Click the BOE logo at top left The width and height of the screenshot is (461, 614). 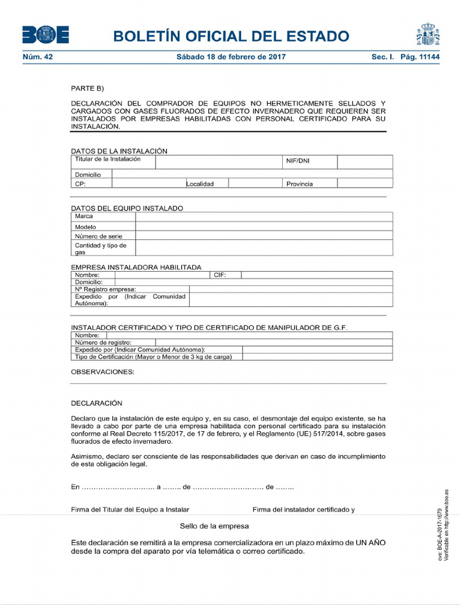(45, 35)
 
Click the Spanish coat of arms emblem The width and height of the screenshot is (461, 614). (427, 35)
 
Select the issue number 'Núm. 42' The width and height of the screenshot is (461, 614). (38, 57)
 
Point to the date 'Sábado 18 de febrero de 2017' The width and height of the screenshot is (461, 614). (231, 57)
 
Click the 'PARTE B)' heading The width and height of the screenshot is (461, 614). (88, 88)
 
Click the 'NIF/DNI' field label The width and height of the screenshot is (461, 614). (298, 161)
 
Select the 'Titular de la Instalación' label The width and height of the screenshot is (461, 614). (107, 159)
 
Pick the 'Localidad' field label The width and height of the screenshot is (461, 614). (200, 183)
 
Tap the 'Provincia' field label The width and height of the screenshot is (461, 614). (300, 183)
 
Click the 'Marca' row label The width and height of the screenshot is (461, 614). (83, 216)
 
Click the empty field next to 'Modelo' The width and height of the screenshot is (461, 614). (264, 227)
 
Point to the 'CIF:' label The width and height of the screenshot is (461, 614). (220, 275)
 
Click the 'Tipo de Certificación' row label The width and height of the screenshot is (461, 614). (153, 357)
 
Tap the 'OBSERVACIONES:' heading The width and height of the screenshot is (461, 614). (103, 372)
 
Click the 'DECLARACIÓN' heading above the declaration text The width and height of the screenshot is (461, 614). (96, 404)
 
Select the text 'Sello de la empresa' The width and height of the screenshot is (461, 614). (214, 526)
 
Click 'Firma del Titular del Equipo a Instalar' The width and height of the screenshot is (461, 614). (130, 510)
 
